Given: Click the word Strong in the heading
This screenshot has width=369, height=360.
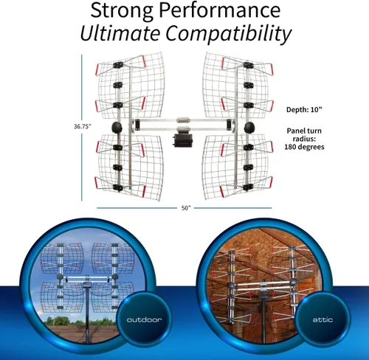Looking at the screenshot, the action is pos(123,10).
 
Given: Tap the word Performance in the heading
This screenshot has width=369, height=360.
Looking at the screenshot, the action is pos(220,10).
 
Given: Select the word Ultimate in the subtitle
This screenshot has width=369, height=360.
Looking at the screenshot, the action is pos(120,33).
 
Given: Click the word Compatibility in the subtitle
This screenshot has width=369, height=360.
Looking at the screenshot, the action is pos(229,35).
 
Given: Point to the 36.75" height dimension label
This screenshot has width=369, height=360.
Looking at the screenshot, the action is pos(83,126).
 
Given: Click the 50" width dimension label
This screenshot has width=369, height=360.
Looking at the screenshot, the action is pos(186,208).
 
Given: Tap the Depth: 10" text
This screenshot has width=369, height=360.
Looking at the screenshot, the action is pos(304,109).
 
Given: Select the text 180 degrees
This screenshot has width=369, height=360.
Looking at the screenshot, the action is pos(304,147).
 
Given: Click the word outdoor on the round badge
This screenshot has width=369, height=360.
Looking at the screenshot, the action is pos(145,319).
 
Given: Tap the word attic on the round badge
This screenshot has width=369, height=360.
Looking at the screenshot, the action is pos(323,319).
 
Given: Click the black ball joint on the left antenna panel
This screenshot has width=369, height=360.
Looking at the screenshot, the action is pos(117,127).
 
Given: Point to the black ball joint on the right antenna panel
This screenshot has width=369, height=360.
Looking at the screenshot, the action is pos(249,128).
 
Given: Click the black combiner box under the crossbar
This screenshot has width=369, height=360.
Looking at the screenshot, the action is pos(183,140).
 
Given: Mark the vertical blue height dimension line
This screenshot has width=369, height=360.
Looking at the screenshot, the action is pos(82,128).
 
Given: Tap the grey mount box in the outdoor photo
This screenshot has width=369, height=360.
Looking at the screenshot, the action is pos(86,285).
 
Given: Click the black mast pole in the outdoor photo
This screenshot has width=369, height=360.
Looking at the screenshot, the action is pos(87,315).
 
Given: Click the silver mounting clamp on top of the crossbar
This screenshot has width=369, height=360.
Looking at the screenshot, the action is pos(183,120).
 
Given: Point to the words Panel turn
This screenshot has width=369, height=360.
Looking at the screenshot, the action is pos(304,131).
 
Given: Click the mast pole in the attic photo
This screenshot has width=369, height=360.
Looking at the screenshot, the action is pos(264,319).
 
